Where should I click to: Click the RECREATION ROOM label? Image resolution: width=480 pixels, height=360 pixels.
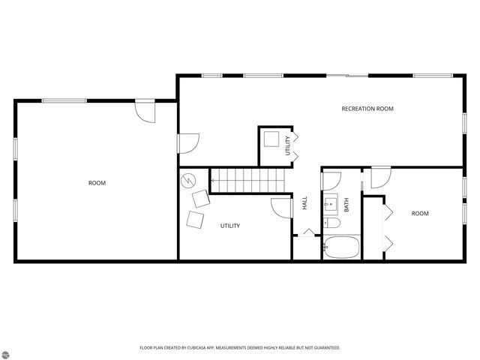pos(367,109)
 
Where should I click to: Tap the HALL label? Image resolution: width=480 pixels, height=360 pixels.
pos(304,202)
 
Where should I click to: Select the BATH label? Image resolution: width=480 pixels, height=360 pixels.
pos(346,203)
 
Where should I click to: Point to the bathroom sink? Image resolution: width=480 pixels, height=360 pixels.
pos(330,203)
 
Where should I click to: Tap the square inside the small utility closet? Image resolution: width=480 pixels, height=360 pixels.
pos(271,140)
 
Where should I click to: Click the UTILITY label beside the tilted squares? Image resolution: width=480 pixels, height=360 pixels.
pos(229,226)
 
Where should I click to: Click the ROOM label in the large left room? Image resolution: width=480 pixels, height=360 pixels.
pos(97,183)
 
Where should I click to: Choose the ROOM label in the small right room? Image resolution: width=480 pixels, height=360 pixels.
pos(419,214)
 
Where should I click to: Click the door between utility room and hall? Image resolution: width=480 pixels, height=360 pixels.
pos(280,207)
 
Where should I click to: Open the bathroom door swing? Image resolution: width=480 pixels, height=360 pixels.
pos(331,180)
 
